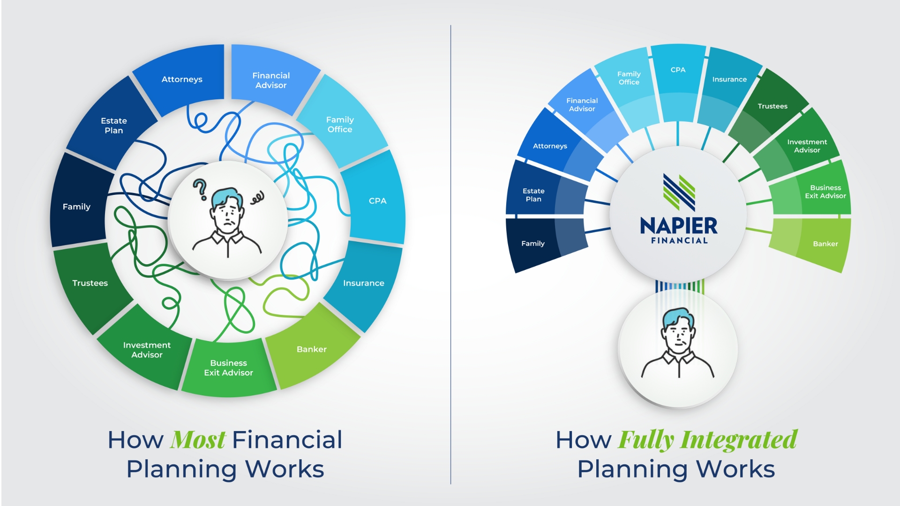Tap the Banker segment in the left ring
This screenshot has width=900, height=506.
(x=312, y=347)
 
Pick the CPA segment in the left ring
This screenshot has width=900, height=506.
(x=375, y=199)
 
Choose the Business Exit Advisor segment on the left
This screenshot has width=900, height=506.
(x=229, y=368)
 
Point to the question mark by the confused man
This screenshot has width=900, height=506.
(x=200, y=189)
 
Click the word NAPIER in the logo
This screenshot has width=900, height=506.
(x=678, y=226)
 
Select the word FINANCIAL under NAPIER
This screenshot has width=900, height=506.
(x=679, y=241)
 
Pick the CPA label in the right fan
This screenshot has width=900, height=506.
(x=678, y=70)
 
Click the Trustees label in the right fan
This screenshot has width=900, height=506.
(x=772, y=106)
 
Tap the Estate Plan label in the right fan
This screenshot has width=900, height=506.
(x=533, y=195)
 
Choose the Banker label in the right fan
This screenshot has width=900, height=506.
(x=825, y=244)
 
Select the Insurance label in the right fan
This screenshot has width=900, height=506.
(x=729, y=80)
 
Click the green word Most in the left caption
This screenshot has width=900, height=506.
(x=198, y=440)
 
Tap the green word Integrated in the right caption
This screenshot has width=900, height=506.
(x=739, y=440)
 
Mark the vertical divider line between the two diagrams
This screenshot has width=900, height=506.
(x=450, y=254)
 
